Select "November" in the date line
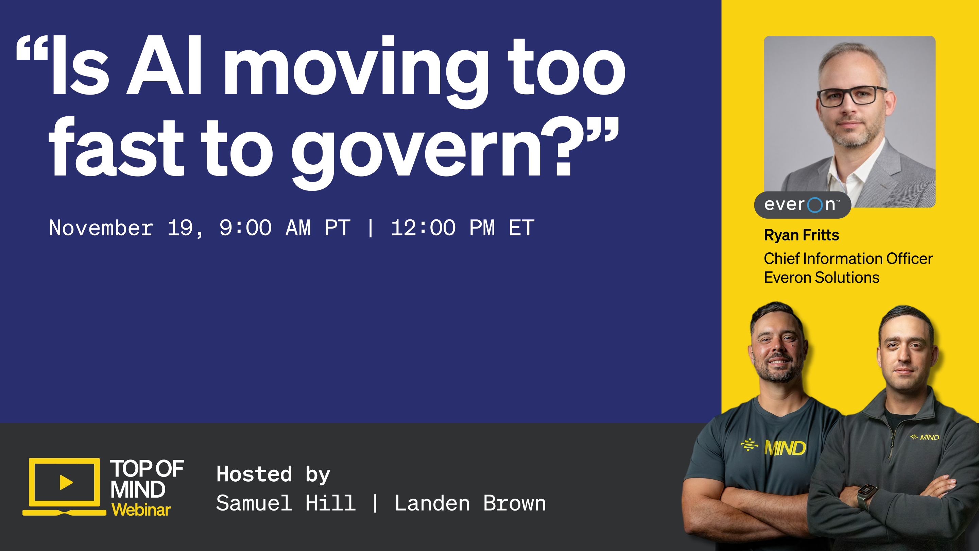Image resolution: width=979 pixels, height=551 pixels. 101,228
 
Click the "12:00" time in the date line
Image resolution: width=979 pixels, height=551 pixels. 423,228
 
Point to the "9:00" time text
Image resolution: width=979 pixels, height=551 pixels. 245,228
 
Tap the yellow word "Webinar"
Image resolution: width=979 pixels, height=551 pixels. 141,510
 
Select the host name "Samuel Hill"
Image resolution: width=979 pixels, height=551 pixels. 286,503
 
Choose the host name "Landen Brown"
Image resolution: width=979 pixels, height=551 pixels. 470,503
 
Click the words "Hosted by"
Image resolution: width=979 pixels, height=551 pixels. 273,474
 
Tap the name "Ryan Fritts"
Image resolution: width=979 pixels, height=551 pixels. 802,235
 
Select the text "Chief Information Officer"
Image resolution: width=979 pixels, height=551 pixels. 848,258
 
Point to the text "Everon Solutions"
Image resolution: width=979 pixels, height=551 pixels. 822,278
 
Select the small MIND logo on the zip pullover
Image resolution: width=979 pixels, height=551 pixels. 925,437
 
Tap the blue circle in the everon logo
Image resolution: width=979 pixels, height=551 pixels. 815,205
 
